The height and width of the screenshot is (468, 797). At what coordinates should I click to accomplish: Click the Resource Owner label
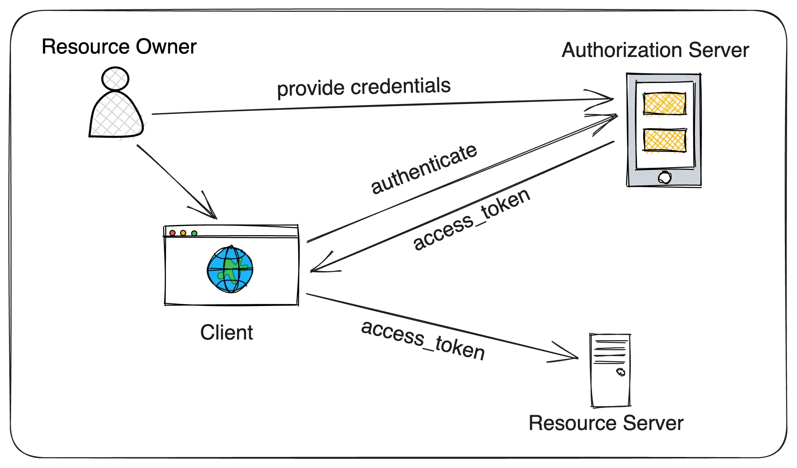(119, 47)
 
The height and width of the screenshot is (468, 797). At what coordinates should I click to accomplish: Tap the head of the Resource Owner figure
(115, 79)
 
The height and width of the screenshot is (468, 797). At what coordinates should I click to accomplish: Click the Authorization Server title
(655, 50)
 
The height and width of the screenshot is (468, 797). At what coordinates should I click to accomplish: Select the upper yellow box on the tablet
(664, 103)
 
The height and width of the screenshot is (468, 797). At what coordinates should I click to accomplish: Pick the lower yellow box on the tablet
(664, 140)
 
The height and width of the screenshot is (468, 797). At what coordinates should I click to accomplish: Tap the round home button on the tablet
(664, 178)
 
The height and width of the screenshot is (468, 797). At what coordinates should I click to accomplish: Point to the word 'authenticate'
(424, 169)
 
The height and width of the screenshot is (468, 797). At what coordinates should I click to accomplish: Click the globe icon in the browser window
(230, 269)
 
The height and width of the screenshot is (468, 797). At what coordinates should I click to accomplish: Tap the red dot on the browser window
(172, 233)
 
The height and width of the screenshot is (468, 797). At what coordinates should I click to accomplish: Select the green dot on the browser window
(194, 233)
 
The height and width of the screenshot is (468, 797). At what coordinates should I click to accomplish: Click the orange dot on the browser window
(183, 233)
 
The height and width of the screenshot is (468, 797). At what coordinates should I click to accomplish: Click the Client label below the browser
(226, 332)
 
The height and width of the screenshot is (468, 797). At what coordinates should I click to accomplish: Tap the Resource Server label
(606, 423)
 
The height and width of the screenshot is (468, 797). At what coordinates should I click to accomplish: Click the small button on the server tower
(621, 372)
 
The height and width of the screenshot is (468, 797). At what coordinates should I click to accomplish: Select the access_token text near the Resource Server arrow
(423, 340)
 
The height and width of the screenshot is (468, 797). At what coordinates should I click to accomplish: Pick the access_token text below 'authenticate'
(471, 219)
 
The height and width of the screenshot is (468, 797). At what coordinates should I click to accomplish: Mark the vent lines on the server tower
(610, 352)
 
